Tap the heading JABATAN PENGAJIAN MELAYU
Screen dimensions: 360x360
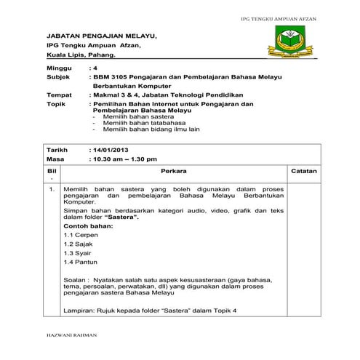coord(101,35)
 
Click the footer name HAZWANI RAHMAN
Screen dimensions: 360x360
coord(66,337)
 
